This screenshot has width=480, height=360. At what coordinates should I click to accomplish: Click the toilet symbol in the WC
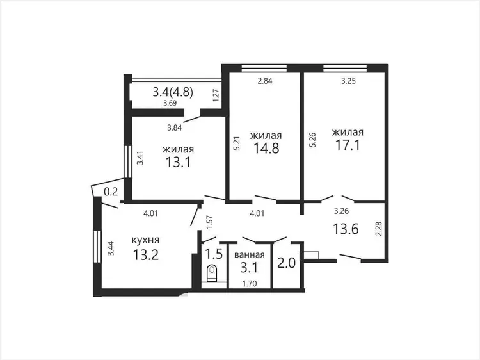212,274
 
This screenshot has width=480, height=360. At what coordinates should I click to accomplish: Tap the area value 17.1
348,145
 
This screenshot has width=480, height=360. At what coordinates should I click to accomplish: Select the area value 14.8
266,148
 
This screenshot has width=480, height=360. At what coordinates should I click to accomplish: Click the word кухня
145,240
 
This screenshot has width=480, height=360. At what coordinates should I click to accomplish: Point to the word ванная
250,254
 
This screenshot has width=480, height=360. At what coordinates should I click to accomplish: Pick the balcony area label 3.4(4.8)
173,92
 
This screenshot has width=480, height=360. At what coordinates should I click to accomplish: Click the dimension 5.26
312,140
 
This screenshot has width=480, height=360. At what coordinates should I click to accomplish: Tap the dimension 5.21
237,143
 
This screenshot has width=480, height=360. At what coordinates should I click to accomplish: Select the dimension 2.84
265,81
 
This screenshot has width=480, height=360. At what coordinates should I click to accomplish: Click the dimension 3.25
348,81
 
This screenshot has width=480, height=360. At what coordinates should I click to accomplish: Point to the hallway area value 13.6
346,229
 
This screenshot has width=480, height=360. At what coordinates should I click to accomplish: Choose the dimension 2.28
378,229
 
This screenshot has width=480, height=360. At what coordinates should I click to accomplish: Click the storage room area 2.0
286,263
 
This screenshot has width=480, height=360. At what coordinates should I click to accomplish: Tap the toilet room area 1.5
213,254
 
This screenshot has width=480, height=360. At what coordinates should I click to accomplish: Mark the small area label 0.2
111,192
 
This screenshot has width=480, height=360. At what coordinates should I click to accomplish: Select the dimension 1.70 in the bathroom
250,284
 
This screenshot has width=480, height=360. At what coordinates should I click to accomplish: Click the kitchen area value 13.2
146,254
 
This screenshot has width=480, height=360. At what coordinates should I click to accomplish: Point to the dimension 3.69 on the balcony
170,103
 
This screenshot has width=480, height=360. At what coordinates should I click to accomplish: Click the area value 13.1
178,162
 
